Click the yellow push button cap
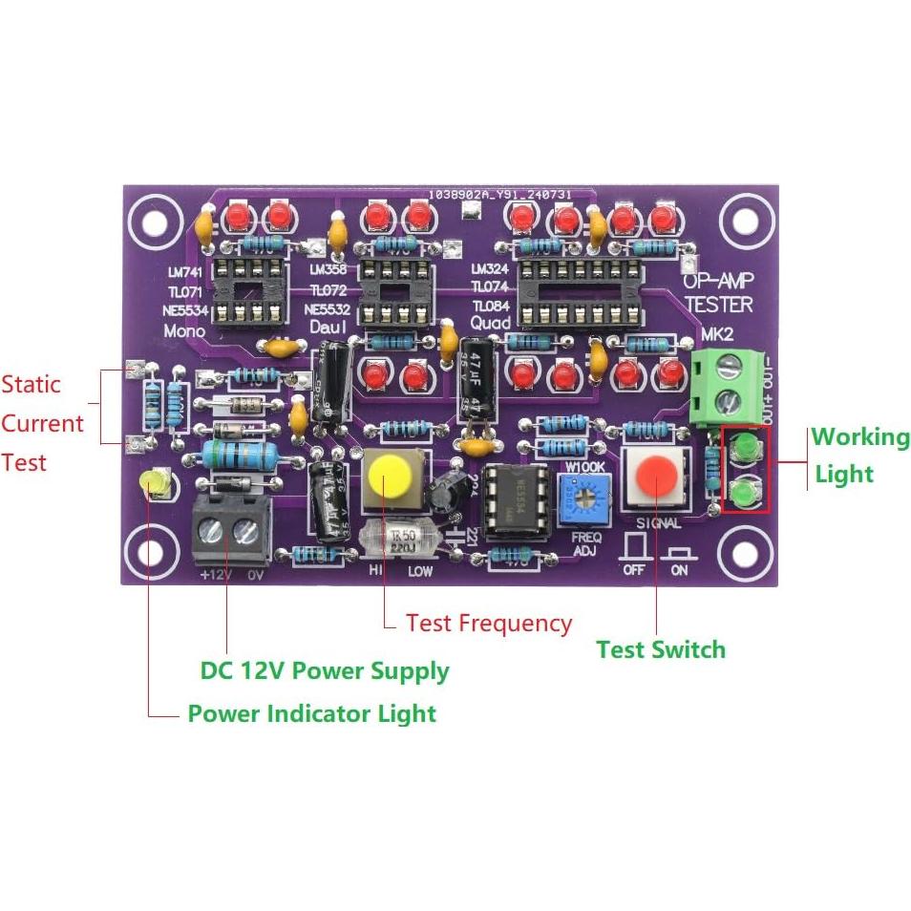[x=388, y=475]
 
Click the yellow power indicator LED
[x=155, y=484]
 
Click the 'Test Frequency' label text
[x=488, y=624]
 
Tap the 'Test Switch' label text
[x=661, y=650]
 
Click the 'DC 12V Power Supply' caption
[x=324, y=670]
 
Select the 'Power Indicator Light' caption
[x=311, y=713]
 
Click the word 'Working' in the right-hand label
[x=860, y=437]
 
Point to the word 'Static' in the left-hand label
[x=31, y=385]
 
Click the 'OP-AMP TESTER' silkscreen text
[x=719, y=293]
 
